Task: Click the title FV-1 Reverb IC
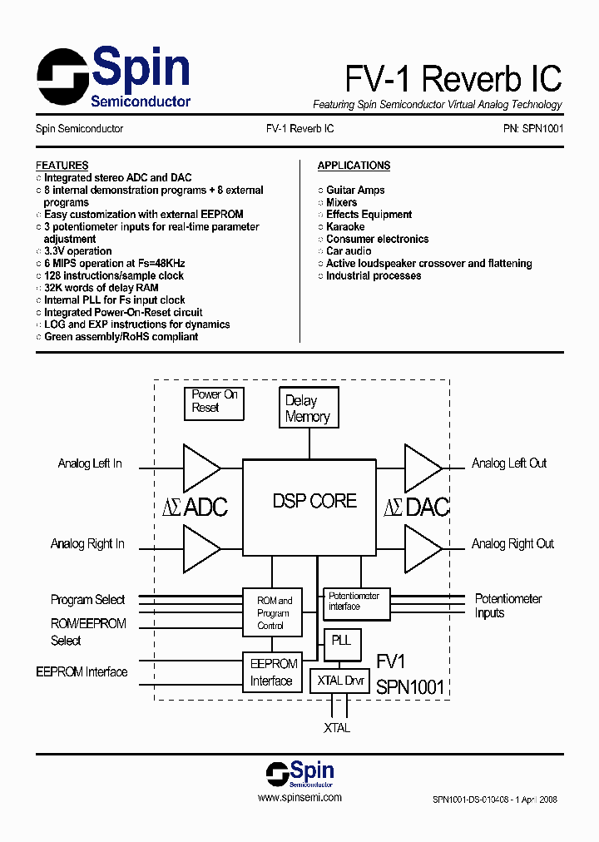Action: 453,79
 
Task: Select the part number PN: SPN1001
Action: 532,129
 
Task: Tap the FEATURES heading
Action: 62,166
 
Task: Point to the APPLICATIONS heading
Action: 354,166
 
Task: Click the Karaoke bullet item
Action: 345,226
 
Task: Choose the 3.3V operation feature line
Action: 77,251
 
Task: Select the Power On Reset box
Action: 215,401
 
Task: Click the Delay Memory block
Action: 309,409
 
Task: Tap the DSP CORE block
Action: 314,501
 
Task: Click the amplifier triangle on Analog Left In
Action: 200,468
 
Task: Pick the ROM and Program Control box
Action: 273,612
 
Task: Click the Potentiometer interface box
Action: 355,602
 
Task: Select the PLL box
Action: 341,641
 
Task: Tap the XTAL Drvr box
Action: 339,681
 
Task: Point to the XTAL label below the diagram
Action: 337,728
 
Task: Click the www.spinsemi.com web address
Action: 299,797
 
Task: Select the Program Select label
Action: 87,600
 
